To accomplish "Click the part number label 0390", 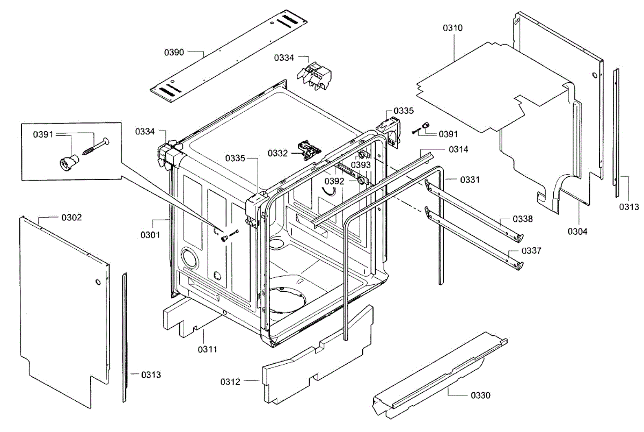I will (x=174, y=52).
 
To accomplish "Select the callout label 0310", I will (x=453, y=27).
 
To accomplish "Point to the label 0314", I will (x=459, y=149).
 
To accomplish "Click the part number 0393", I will (x=361, y=164).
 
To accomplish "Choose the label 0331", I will (x=470, y=179).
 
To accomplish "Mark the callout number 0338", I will (x=523, y=219).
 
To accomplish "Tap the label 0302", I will (x=71, y=218).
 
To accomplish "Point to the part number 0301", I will (x=151, y=235).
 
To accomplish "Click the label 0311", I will (x=208, y=349).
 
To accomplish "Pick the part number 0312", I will (x=230, y=381).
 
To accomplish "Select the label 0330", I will (x=480, y=395).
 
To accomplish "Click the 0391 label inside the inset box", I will (x=43, y=135).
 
